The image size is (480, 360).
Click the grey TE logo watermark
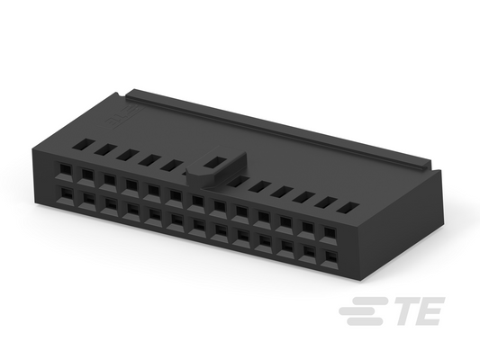pos(392,310)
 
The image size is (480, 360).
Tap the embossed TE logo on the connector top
pos(121,117)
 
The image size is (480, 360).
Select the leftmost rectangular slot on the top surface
pos(84,144)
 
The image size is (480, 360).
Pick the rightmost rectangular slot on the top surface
pos(349,207)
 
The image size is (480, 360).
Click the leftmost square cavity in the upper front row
pos(65,169)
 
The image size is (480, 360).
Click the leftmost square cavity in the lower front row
pos(67,193)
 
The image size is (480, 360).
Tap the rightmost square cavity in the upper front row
pos(330,232)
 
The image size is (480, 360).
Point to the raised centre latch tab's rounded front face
pos(198,177)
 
